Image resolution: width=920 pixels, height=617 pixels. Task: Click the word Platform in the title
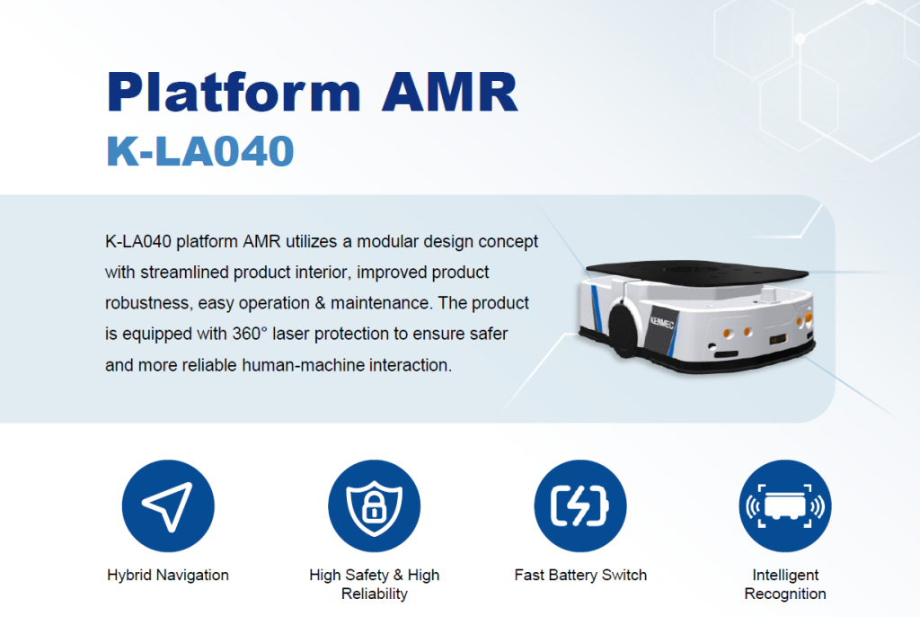coord(234,92)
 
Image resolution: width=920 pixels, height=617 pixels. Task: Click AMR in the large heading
coord(450,92)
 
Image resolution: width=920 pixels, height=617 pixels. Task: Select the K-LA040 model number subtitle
coord(200,151)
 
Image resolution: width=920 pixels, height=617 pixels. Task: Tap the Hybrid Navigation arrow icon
coord(168,506)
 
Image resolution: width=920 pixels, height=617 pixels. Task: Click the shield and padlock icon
coord(375,506)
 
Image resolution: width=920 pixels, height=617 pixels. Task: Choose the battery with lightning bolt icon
coord(580,506)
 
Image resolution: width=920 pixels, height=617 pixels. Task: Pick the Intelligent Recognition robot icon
coord(785,506)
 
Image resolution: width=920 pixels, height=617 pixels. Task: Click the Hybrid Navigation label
coord(168,575)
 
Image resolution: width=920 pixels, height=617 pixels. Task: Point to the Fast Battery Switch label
coord(580,575)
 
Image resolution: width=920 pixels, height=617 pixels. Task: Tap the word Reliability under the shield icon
coord(375,595)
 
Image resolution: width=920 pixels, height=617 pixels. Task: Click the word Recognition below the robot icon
coord(785,595)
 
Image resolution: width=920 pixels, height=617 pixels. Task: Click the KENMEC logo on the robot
coord(662,323)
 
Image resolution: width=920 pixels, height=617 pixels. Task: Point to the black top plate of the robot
coord(697,272)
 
